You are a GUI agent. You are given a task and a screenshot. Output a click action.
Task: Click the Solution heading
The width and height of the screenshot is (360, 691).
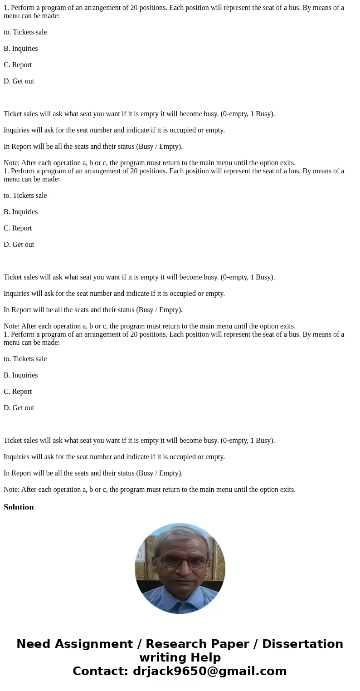19,507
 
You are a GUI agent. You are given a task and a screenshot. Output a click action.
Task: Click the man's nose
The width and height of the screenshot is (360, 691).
184,568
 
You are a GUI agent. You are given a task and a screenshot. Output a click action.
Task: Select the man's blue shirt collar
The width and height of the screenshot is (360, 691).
179,598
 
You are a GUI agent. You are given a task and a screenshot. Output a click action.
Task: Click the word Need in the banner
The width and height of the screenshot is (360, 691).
35,644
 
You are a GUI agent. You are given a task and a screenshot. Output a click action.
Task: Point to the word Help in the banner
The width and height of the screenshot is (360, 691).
204,658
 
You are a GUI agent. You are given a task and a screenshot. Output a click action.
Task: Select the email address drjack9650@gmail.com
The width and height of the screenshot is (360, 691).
209,671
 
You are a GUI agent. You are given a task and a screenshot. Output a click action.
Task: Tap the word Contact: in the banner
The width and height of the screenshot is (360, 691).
100,671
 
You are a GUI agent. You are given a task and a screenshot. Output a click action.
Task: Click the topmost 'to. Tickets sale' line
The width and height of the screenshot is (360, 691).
25,32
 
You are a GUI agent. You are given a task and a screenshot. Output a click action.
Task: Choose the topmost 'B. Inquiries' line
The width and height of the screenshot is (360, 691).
20,49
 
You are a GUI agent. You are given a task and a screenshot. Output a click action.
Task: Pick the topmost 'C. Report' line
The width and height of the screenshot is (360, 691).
18,65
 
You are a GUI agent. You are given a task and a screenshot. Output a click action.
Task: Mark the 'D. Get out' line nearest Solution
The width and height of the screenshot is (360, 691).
19,408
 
